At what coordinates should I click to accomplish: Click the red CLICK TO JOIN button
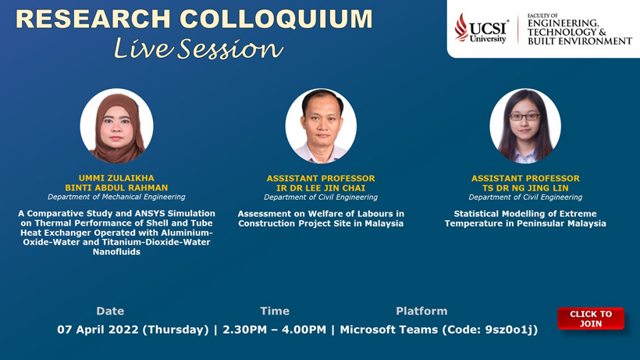coord(591,319)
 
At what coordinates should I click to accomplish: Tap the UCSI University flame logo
coord(461,27)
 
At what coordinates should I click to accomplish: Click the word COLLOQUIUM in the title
coord(276,20)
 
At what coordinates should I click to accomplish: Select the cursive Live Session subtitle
coord(198,48)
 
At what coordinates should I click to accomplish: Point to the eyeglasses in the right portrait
coord(524,116)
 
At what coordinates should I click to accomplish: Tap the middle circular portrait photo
coord(321,126)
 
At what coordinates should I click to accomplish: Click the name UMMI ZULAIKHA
coord(116,178)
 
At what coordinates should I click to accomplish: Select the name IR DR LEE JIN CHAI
coord(321,188)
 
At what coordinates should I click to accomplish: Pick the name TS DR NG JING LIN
coord(525,188)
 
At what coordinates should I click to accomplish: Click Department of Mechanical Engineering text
coord(116,197)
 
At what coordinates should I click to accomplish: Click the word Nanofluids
coord(116,251)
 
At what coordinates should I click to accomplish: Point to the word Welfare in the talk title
coord(325,214)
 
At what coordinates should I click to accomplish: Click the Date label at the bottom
coord(110,311)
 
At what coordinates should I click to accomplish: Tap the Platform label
coord(421,311)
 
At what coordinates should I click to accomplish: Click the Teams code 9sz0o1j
coord(510,330)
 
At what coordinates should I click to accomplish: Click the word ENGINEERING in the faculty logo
coord(563,23)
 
